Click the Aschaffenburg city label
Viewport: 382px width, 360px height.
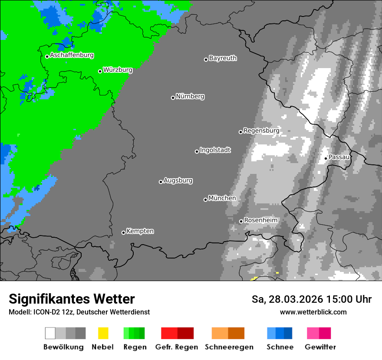coord(72,56)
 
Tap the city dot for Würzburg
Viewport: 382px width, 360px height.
coord(100,71)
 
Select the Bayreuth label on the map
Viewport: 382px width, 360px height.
coord(223,58)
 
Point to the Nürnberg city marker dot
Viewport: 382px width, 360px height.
coord(173,98)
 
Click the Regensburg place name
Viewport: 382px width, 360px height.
coord(261,131)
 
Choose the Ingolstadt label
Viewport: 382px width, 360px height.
coord(215,150)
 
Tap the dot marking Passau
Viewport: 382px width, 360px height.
coord(326,158)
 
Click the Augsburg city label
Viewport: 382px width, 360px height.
coord(178,180)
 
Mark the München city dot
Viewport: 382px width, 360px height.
coord(205,200)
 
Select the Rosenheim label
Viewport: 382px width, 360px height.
coord(260,220)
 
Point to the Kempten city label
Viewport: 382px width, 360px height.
coord(140,231)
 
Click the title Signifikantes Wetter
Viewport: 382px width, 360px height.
coord(72,299)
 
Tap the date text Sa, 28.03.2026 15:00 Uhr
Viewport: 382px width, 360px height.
coord(311,299)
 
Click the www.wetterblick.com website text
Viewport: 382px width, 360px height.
coord(313,312)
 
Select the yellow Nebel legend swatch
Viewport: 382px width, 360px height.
coord(103,333)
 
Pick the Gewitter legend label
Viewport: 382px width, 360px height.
coord(320,347)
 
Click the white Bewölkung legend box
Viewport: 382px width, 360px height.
coord(50,333)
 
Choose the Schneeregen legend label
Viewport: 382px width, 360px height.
coord(229,347)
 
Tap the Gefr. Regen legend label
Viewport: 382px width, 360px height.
coord(176,347)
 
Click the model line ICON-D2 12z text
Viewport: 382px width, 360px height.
coord(79,312)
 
